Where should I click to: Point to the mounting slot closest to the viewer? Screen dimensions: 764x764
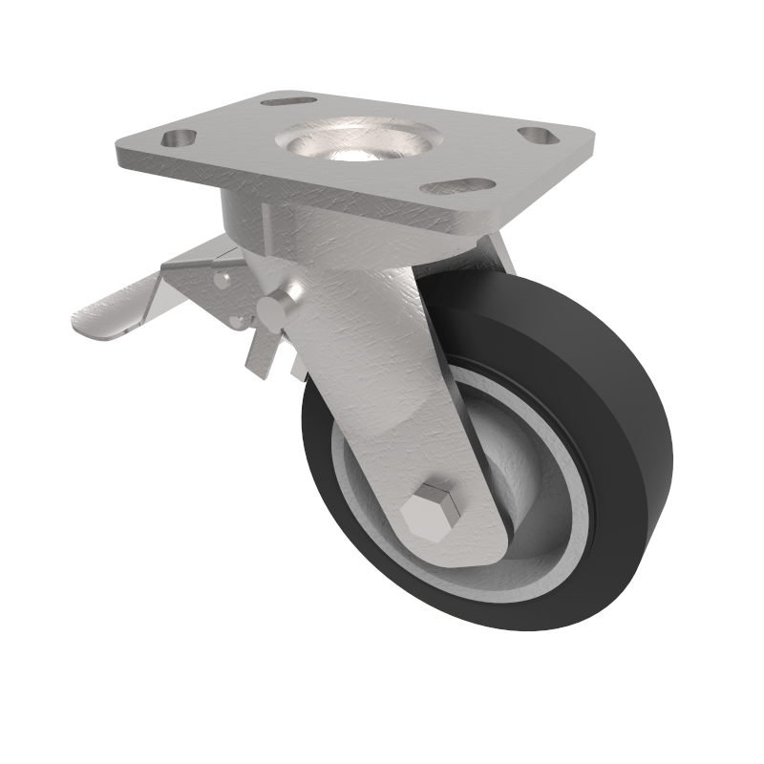coord(457,185)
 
